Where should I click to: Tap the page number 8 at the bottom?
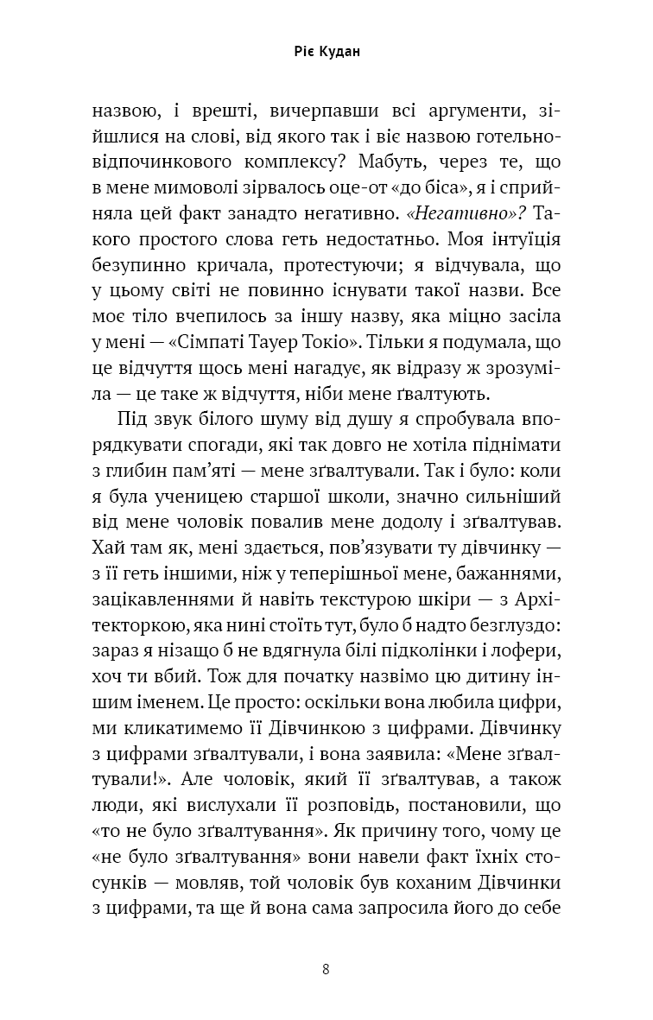point(326,968)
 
